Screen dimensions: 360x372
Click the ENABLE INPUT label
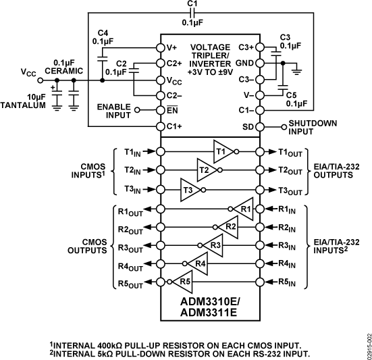[x=113, y=110]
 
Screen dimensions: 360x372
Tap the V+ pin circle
[x=161, y=47]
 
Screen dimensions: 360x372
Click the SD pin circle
[x=259, y=126]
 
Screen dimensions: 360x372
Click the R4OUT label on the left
[x=132, y=265]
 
